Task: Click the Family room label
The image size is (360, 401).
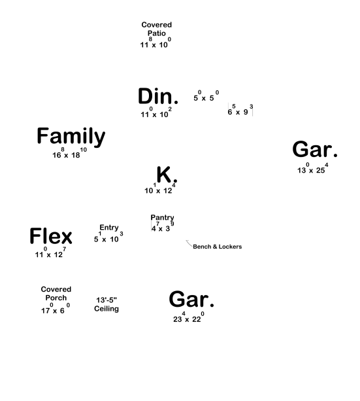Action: (71, 137)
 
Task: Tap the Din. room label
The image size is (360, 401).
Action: (158, 96)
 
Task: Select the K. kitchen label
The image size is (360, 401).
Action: (167, 175)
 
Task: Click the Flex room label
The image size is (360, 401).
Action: (51, 235)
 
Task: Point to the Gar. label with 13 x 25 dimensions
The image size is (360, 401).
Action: (315, 149)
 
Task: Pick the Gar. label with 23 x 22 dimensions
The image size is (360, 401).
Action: (191, 299)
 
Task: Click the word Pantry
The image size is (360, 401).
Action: (162, 218)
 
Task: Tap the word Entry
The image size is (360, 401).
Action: (109, 228)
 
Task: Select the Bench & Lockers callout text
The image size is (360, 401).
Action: (217, 247)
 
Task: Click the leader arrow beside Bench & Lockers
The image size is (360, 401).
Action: (189, 243)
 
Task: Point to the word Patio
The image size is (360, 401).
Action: (157, 33)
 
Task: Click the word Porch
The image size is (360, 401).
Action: (56, 298)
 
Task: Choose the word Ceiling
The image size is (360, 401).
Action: (106, 309)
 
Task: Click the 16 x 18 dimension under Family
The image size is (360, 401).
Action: (69, 153)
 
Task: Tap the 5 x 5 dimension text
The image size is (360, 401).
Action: (206, 96)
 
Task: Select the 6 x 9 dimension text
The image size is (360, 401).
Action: (240, 110)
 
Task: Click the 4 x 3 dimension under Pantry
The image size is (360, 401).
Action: (163, 226)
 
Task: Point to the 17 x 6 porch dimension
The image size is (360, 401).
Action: (56, 308)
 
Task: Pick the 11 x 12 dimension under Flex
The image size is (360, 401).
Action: (50, 253)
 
